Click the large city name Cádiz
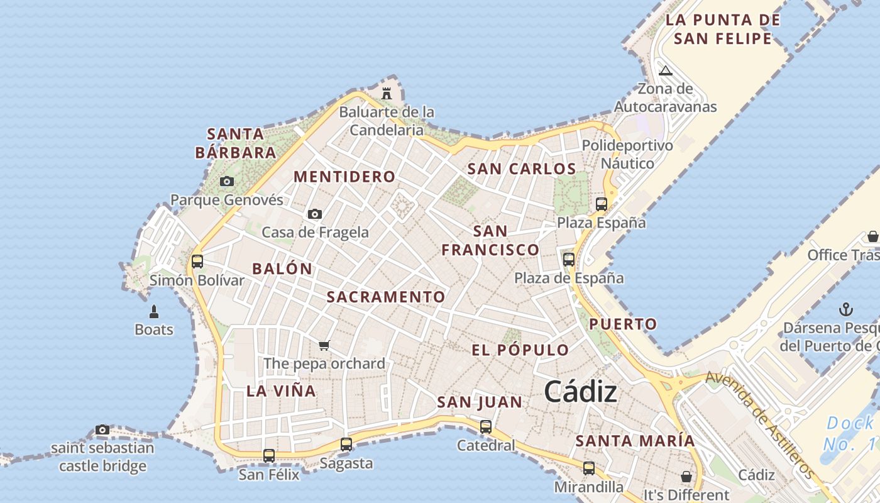(x=580, y=392)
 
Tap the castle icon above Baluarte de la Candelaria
(x=387, y=94)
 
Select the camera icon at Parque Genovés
(x=227, y=182)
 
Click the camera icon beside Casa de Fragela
(x=315, y=214)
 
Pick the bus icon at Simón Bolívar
(x=197, y=261)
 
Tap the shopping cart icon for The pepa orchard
(x=324, y=345)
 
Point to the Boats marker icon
(x=154, y=311)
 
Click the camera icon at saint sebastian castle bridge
(x=102, y=430)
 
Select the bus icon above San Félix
(x=269, y=455)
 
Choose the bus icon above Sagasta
(x=346, y=445)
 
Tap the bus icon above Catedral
(x=486, y=427)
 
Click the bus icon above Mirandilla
(x=588, y=468)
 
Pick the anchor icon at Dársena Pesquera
(x=846, y=309)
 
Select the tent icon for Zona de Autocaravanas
(x=666, y=70)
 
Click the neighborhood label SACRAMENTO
(x=386, y=297)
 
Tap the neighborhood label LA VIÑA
(x=281, y=390)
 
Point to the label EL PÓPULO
(x=520, y=350)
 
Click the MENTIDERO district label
(x=344, y=177)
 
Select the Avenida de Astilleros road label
(x=761, y=423)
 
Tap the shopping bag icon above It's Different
(x=686, y=477)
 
